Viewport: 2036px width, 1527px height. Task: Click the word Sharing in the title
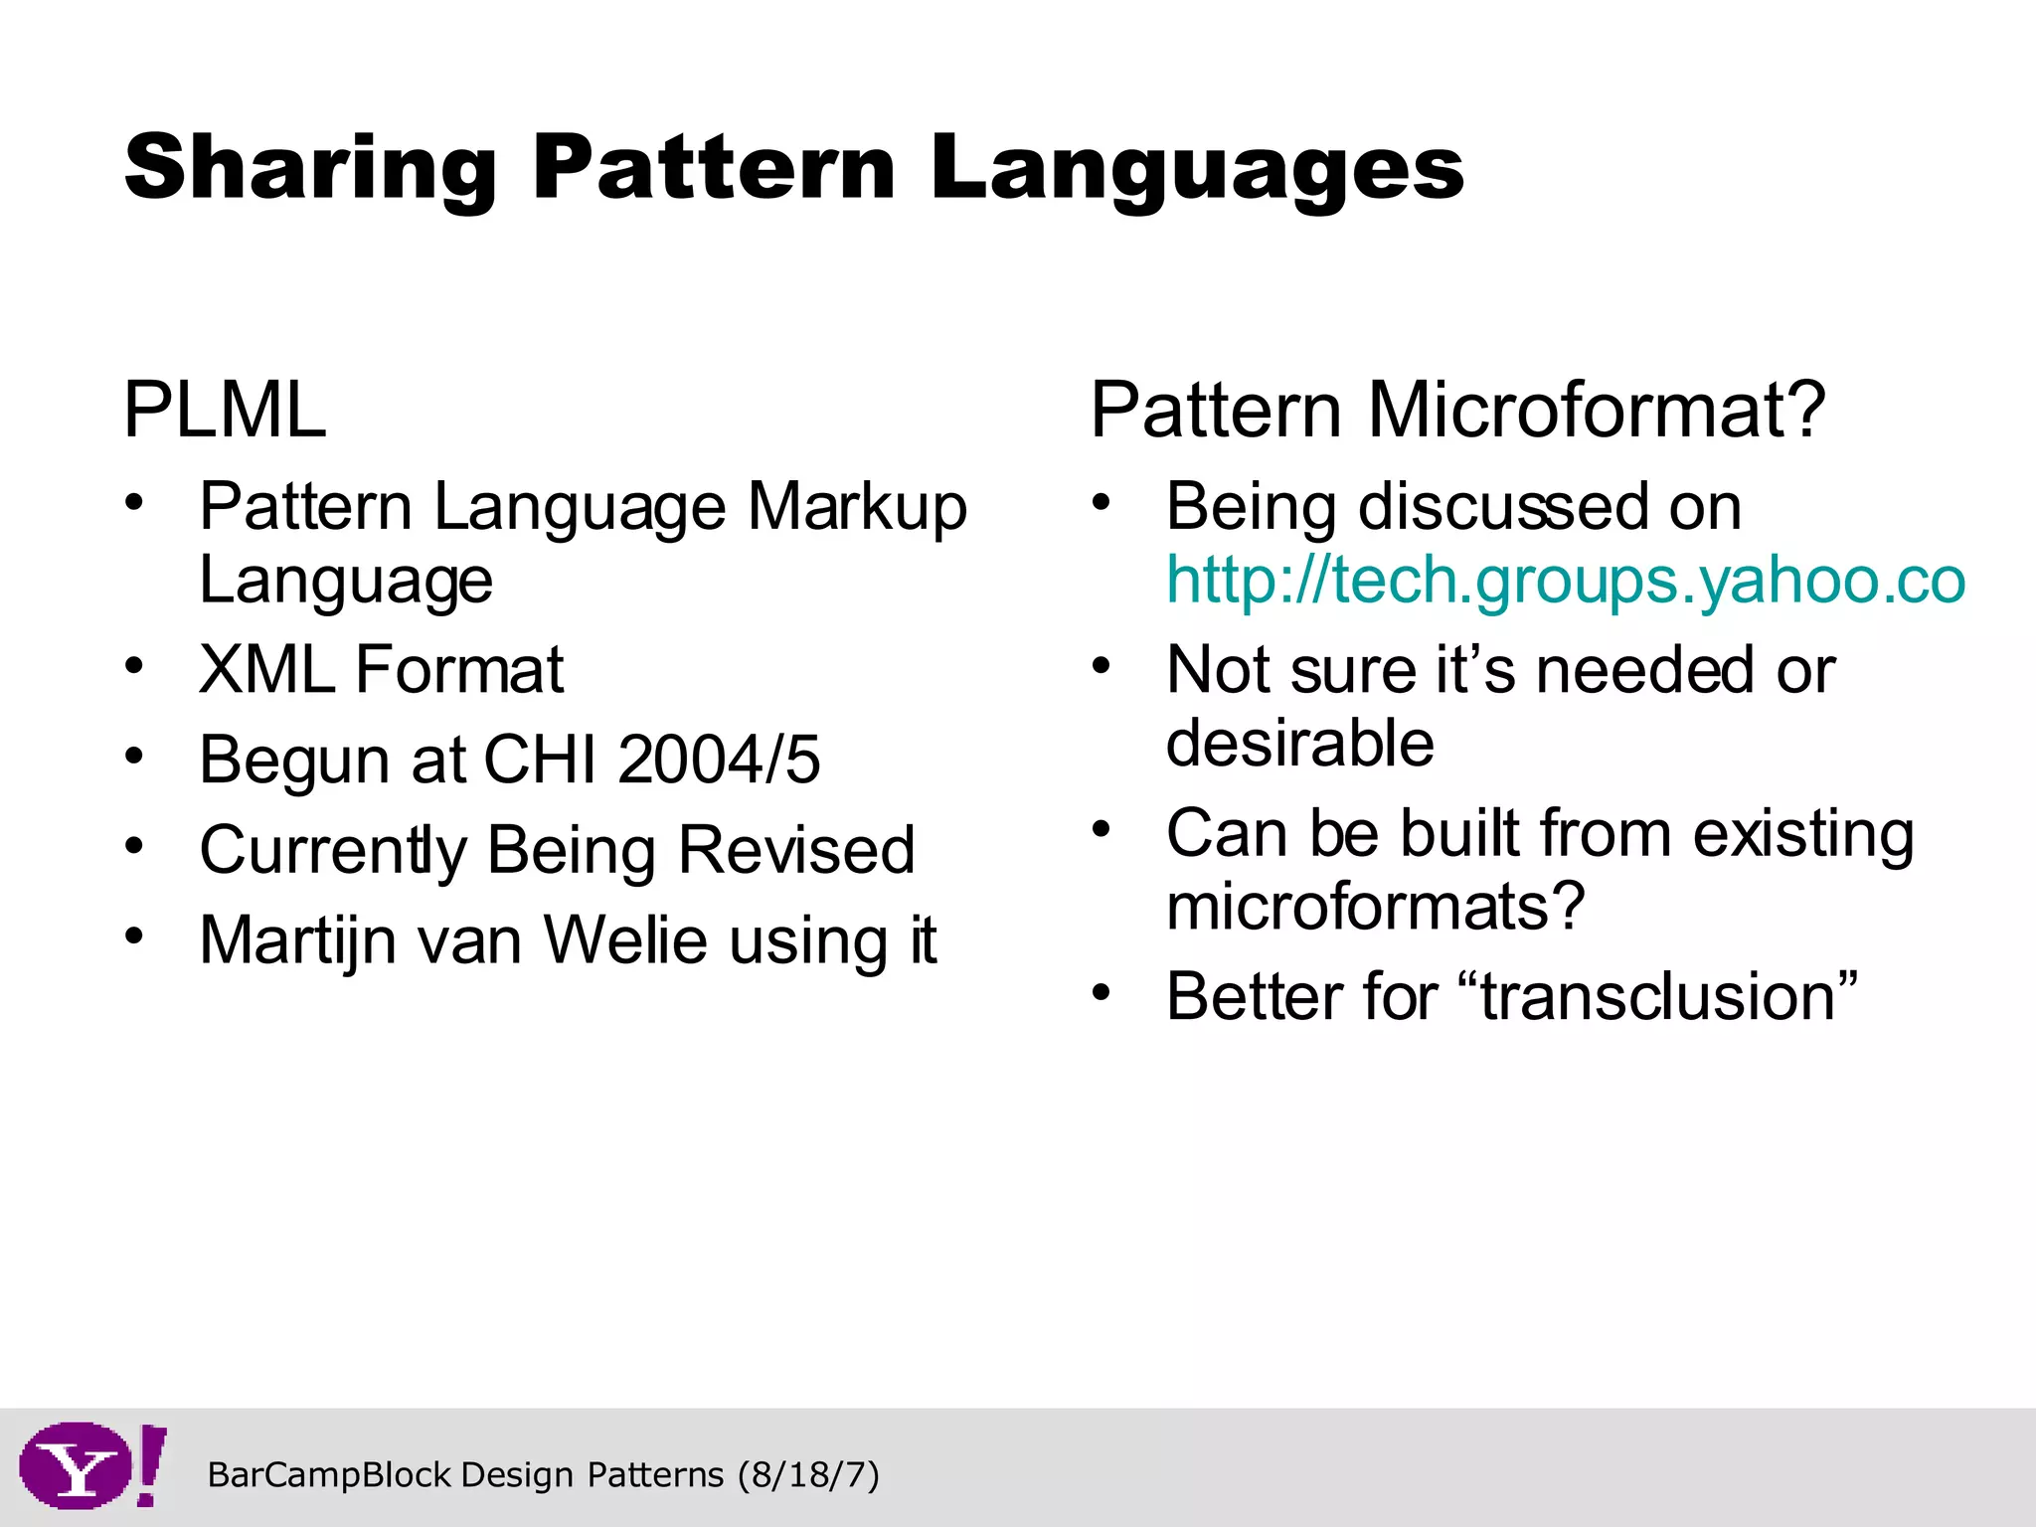point(310,169)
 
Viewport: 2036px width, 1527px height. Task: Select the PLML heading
point(225,410)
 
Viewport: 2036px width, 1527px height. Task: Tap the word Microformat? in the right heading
point(1597,410)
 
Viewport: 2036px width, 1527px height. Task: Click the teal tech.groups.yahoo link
point(1566,581)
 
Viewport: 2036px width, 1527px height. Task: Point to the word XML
point(266,670)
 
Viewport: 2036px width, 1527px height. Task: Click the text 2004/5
point(719,761)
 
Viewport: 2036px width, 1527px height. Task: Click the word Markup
point(857,508)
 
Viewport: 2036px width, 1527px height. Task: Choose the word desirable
point(1299,744)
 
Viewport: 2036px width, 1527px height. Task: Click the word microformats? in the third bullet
point(1375,907)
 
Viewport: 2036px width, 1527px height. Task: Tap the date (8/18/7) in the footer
point(808,1474)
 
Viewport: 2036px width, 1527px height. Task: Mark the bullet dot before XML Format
point(134,665)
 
